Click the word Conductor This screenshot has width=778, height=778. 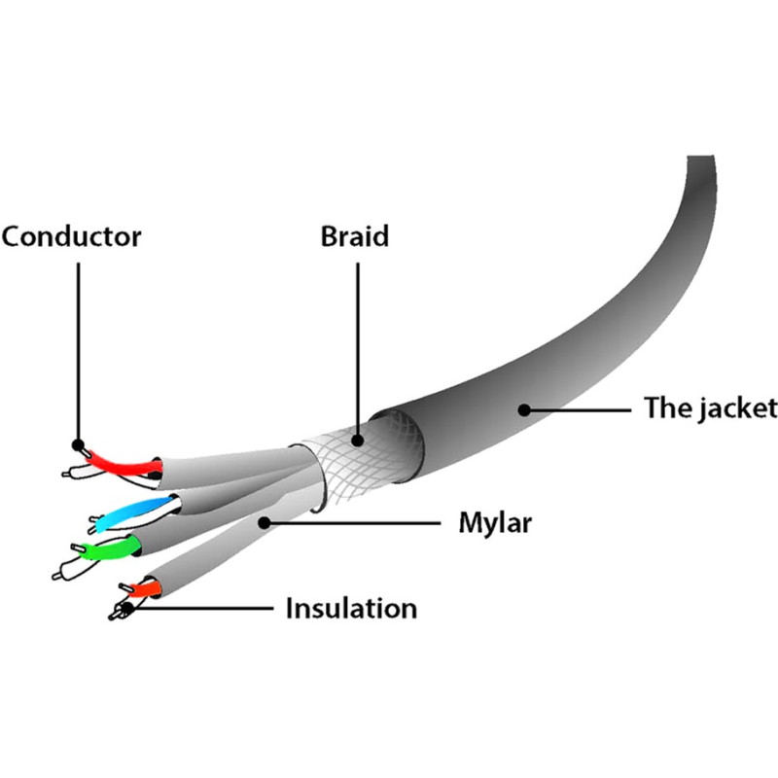[71, 236]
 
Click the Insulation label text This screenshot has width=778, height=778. [350, 609]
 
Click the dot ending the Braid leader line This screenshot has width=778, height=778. [358, 439]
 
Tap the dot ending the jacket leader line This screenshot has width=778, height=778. [524, 408]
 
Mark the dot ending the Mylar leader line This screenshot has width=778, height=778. [263, 522]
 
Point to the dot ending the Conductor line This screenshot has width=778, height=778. [80, 446]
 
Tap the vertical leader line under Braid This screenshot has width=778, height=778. [358, 340]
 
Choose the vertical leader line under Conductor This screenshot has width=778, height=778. [77, 350]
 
